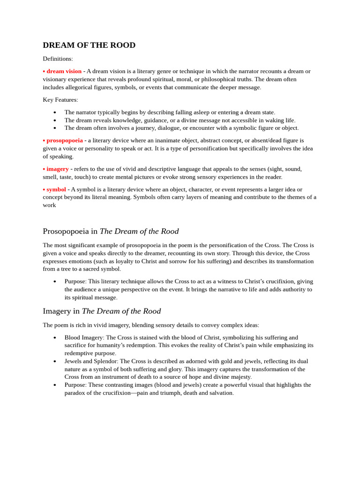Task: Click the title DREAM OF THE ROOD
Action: tap(89, 45)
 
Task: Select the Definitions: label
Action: tap(58, 59)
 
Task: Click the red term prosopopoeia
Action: tap(64, 140)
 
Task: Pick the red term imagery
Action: tap(57, 169)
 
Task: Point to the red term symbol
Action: tap(56, 189)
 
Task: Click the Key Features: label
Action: tap(60, 100)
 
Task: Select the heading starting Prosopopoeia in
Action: tap(111, 231)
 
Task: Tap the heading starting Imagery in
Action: tap(102, 311)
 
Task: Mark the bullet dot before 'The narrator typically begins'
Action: tap(55, 112)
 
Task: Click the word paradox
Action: tap(76, 393)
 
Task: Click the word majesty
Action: tap(240, 377)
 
